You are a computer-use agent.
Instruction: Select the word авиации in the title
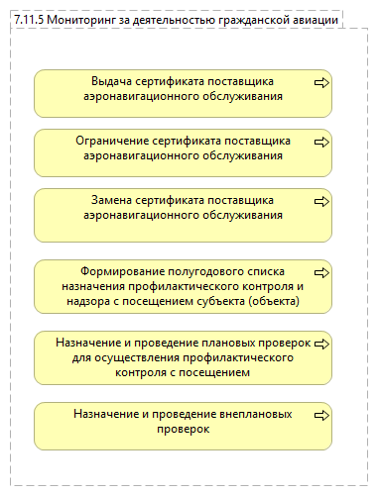tap(314, 19)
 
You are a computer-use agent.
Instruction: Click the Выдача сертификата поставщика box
tap(184, 93)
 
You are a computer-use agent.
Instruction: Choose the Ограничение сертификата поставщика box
tap(184, 152)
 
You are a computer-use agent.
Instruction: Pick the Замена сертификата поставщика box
tap(184, 212)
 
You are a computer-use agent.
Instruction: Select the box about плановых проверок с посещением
tap(184, 357)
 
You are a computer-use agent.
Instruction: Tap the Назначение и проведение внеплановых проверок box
tap(184, 425)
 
